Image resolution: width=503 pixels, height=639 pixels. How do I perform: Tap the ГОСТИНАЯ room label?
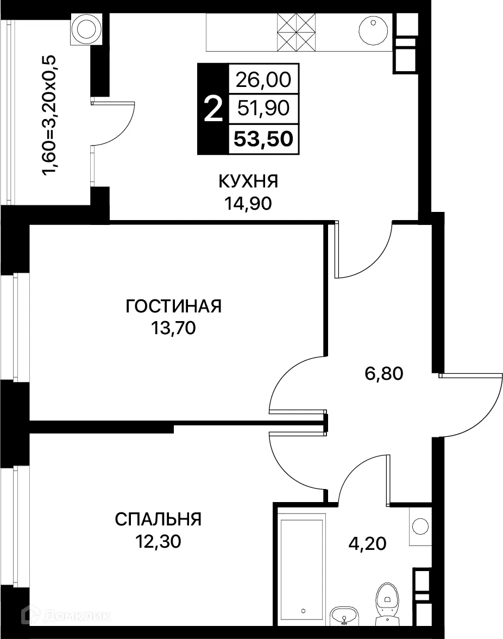173,306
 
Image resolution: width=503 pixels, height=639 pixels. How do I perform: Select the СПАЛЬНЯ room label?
158,519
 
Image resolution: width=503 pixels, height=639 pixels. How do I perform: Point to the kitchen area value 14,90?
248,203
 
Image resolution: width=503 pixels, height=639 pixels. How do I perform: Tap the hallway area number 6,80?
383,374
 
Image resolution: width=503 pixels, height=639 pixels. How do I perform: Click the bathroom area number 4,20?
367,542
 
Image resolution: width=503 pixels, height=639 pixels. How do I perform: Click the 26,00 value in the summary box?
263,80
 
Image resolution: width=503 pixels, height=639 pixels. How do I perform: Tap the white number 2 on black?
212,110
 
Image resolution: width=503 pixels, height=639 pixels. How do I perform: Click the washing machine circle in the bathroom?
419,526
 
